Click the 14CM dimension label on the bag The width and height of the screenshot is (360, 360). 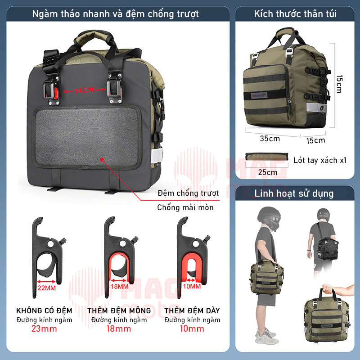(x=84, y=90)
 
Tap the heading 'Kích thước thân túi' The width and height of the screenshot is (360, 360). (x=295, y=14)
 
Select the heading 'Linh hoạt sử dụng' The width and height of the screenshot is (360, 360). (x=294, y=193)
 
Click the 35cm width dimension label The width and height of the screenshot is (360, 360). (x=270, y=139)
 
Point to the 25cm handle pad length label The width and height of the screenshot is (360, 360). (x=267, y=172)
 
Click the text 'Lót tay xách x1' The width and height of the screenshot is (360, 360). (x=320, y=160)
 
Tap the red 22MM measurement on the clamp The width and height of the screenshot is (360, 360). (x=47, y=288)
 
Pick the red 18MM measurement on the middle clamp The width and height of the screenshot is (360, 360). (x=119, y=287)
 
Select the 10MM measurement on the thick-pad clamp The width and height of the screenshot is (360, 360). (x=192, y=286)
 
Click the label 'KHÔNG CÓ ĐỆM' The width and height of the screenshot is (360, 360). (x=44, y=310)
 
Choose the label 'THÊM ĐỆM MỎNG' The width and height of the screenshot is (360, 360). (x=119, y=310)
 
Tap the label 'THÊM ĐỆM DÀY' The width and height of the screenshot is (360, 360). (x=192, y=310)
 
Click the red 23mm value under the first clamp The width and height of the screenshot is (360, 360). (x=44, y=328)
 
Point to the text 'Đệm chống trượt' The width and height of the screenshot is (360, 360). (x=188, y=193)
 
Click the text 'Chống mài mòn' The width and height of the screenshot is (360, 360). (x=185, y=207)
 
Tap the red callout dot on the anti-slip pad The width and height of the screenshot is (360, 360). (x=102, y=160)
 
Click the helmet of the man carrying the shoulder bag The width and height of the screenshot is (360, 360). (x=269, y=218)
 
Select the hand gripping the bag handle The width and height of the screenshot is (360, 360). (x=328, y=288)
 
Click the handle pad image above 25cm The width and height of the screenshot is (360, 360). (x=266, y=157)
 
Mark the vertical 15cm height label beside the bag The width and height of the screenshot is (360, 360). (x=339, y=84)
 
